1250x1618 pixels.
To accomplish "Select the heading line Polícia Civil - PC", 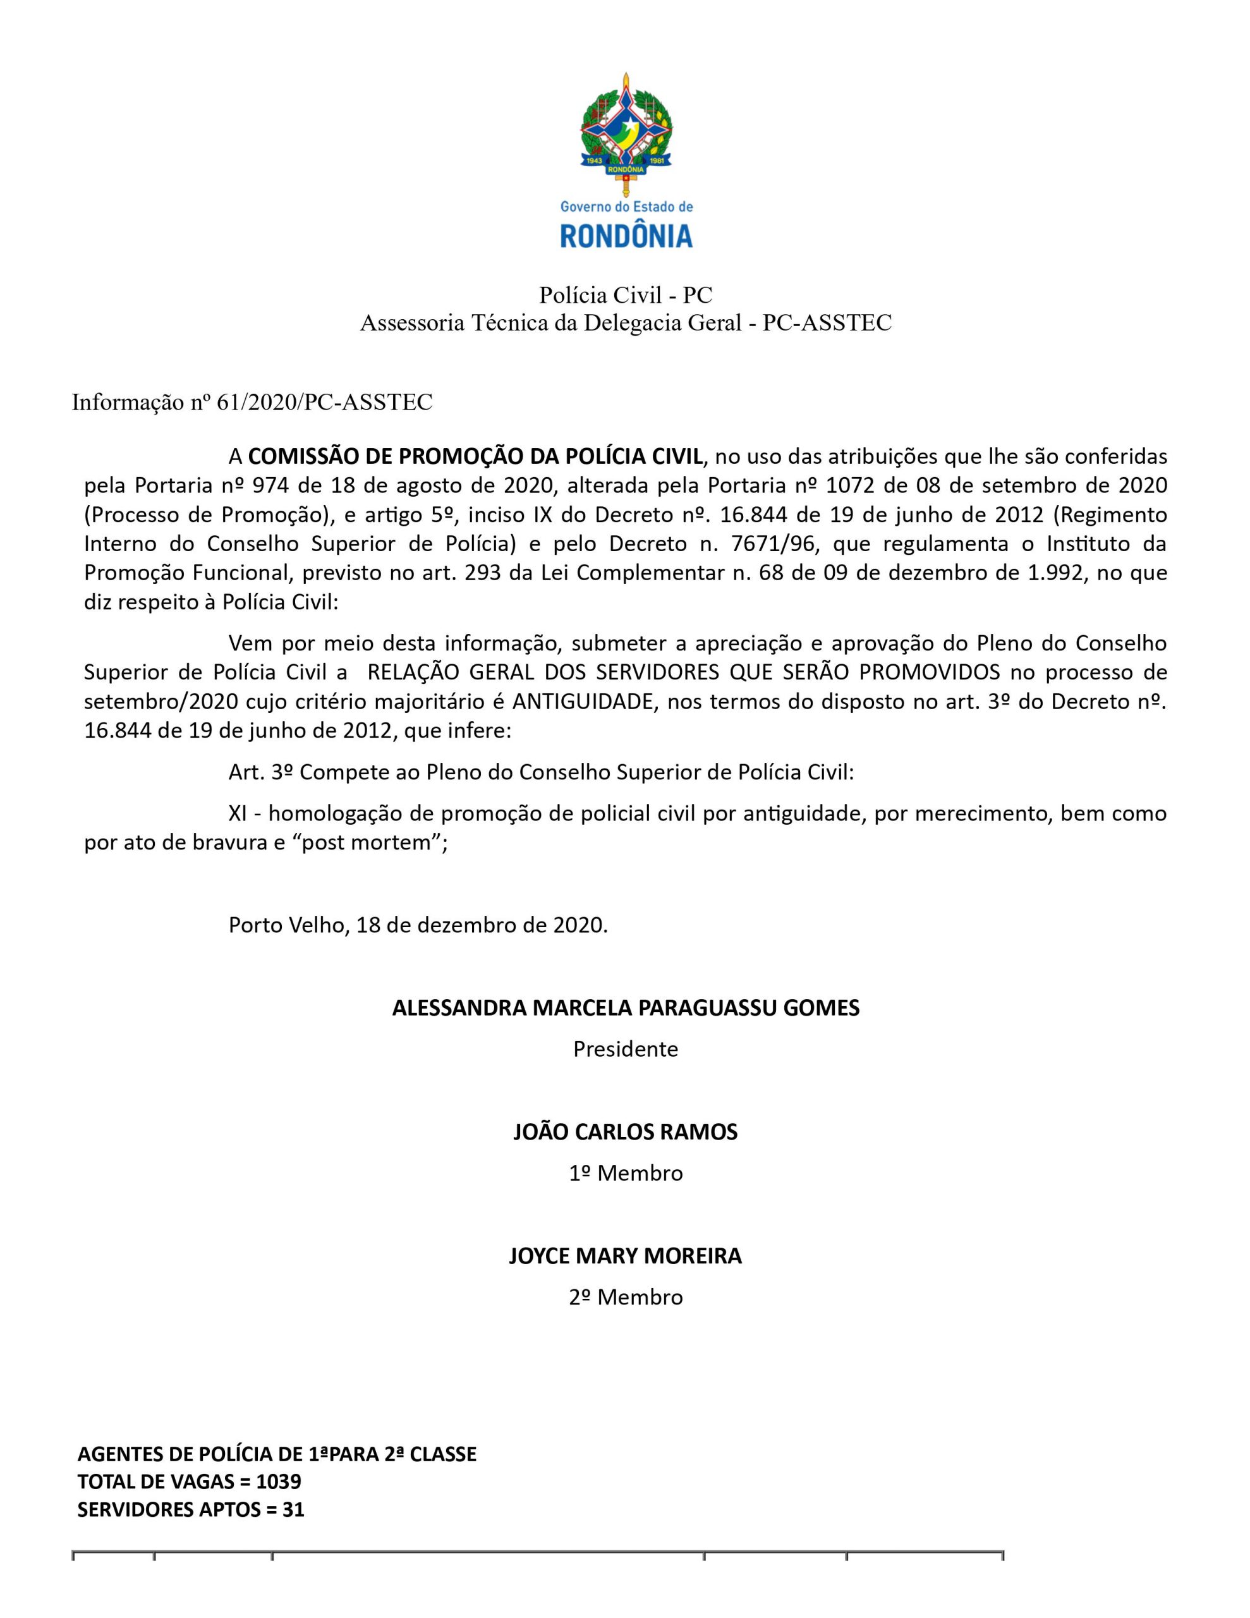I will point(626,295).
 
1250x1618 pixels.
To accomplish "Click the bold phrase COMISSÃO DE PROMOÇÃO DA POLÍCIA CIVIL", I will point(475,456).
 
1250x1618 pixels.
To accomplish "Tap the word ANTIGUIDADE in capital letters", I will point(584,702).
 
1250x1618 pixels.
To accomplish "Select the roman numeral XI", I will point(238,813).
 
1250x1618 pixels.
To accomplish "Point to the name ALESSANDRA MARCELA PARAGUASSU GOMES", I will point(626,1007).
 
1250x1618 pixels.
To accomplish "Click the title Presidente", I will point(626,1049).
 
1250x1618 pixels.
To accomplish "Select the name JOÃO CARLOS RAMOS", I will point(626,1132).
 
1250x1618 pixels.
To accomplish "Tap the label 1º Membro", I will point(626,1174).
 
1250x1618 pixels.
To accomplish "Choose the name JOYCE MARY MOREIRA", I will point(626,1256).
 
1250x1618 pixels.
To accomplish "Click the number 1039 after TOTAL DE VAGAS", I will point(279,1481).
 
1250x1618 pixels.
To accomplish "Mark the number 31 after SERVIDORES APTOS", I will point(293,1509).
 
